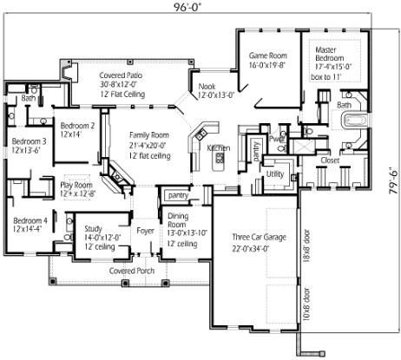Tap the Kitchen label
click(219, 148)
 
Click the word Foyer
click(145, 231)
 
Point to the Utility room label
click(275, 174)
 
